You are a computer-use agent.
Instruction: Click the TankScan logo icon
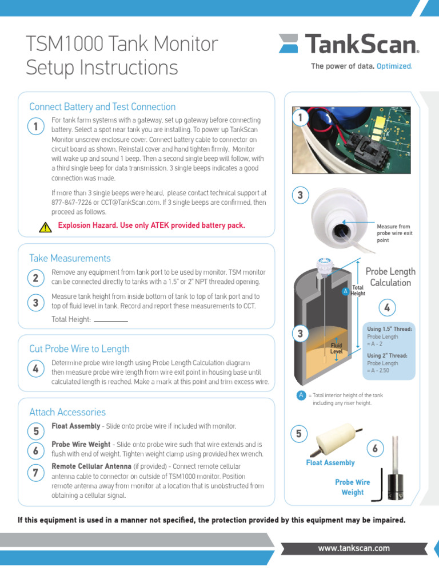click(x=290, y=45)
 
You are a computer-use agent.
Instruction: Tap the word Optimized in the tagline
click(x=394, y=66)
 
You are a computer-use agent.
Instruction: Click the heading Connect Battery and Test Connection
click(x=102, y=107)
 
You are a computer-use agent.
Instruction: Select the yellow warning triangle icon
click(x=46, y=227)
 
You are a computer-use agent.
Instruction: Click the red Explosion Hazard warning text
click(x=151, y=225)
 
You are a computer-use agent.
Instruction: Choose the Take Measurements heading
click(x=70, y=258)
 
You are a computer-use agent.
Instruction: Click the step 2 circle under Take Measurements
click(x=35, y=278)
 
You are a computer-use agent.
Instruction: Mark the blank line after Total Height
click(x=111, y=320)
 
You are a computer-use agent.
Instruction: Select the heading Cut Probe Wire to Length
click(x=79, y=349)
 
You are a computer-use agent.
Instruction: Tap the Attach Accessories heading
click(x=67, y=412)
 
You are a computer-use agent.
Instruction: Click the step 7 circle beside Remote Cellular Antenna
click(x=35, y=472)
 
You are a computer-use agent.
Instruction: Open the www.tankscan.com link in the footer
click(x=354, y=548)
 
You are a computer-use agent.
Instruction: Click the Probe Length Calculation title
click(x=390, y=277)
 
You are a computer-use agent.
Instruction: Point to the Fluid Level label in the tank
click(x=336, y=349)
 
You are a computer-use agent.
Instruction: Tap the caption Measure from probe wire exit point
click(x=394, y=233)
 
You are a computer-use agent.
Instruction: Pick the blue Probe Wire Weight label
click(x=352, y=487)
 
